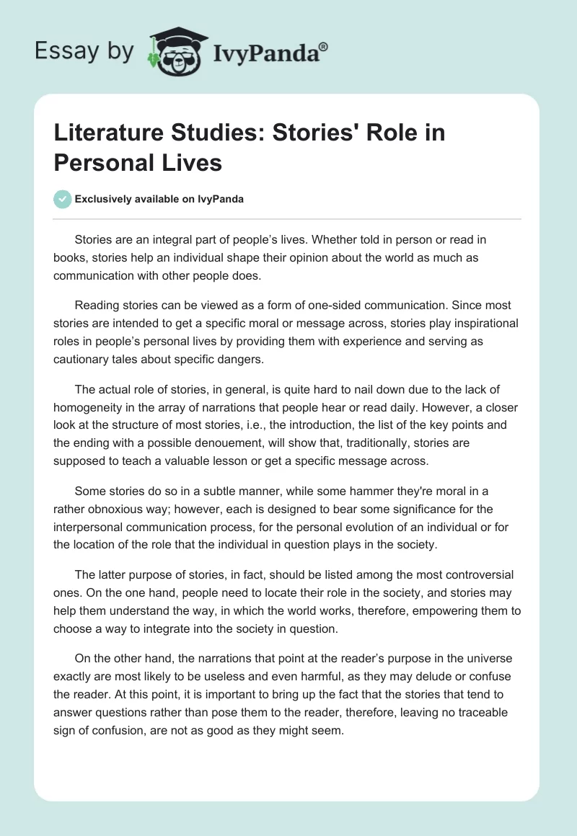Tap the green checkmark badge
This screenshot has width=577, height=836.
(x=62, y=199)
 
